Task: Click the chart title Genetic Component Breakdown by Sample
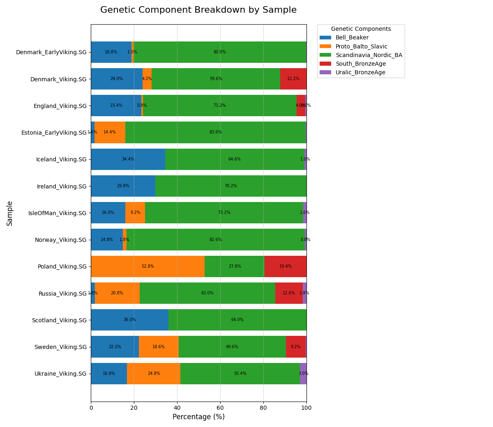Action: point(198,10)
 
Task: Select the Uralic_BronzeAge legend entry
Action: point(360,73)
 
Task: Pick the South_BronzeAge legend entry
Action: point(360,64)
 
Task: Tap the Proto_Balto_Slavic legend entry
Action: point(361,47)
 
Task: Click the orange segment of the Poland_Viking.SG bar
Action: point(147,266)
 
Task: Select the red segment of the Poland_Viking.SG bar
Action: point(285,266)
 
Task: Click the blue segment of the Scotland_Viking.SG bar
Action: point(129,320)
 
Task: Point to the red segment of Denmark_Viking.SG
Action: point(293,79)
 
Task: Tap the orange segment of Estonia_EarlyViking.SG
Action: point(110,132)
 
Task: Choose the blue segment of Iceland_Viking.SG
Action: point(128,159)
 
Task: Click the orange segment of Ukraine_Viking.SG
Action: point(154,374)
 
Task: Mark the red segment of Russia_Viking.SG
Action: point(289,293)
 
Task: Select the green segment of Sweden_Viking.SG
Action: point(232,347)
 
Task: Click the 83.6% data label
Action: point(215,132)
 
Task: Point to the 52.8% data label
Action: point(147,266)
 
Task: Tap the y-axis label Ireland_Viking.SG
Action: point(62,186)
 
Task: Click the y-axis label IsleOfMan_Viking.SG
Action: point(57,213)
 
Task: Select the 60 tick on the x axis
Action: point(220,408)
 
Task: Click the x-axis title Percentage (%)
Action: point(198,417)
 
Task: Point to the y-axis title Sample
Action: point(10,213)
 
